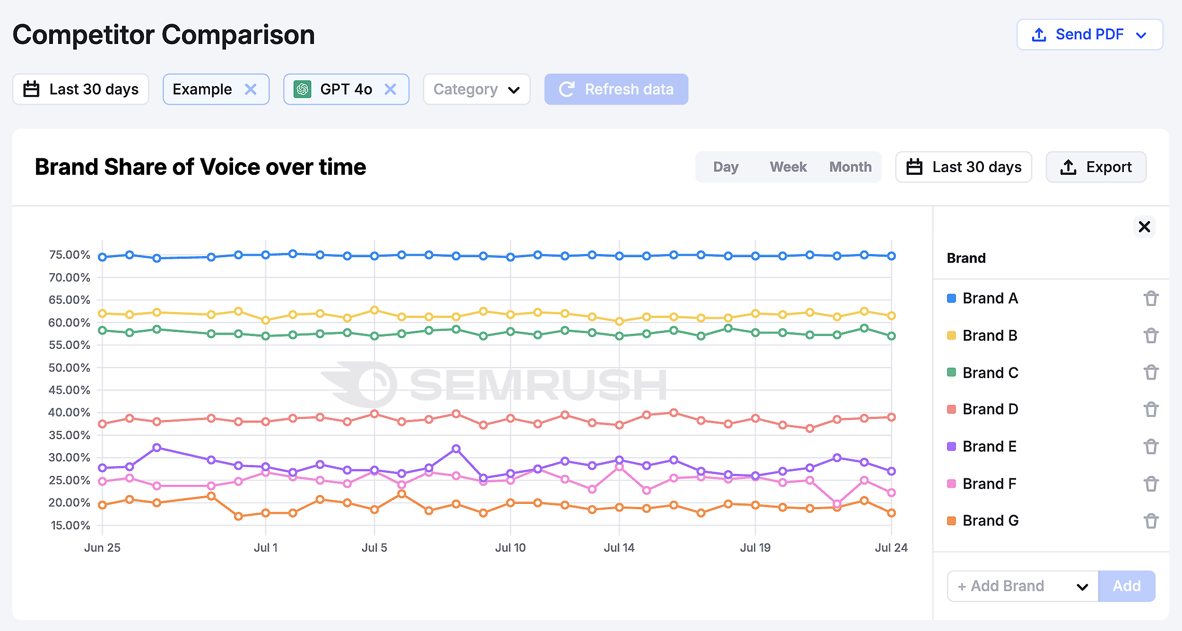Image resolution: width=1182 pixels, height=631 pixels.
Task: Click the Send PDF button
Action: (1089, 35)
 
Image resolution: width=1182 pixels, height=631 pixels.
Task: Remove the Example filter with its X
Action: (251, 89)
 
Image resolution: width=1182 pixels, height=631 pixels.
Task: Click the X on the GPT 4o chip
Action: (390, 89)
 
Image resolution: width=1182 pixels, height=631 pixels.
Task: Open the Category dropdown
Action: (476, 89)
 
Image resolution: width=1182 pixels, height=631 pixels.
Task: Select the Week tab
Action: (788, 167)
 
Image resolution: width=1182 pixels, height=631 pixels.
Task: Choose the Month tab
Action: (850, 167)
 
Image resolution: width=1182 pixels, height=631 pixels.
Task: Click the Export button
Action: (1095, 167)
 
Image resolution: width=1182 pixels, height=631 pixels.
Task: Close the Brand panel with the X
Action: (1144, 227)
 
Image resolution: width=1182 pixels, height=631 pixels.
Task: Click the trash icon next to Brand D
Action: (1151, 409)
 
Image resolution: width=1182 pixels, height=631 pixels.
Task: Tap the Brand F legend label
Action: (989, 484)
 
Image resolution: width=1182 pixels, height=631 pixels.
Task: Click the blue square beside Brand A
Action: (951, 298)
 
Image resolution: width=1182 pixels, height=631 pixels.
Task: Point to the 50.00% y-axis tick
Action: (70, 368)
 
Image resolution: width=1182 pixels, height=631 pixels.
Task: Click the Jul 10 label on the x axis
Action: (510, 548)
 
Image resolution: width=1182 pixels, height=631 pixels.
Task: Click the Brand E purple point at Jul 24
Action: (891, 471)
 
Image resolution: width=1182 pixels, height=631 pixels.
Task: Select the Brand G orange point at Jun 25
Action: (103, 505)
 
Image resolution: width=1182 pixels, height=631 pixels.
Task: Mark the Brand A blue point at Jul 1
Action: (266, 255)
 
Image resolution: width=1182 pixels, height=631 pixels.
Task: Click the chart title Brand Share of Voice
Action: (200, 167)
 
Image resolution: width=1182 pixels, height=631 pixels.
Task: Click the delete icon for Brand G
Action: (1151, 521)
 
